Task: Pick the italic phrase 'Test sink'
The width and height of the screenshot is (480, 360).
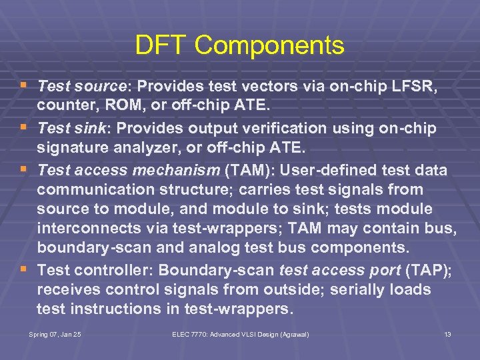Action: coord(73,128)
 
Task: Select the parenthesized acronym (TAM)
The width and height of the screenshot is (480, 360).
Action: coord(245,171)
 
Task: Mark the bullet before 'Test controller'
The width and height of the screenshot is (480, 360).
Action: coord(25,269)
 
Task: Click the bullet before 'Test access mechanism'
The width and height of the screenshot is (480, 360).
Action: coord(25,170)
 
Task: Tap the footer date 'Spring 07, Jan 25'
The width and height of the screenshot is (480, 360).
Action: coord(55,334)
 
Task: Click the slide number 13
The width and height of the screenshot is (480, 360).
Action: coord(447,334)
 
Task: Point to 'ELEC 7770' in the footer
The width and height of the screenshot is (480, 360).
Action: coord(191,334)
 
